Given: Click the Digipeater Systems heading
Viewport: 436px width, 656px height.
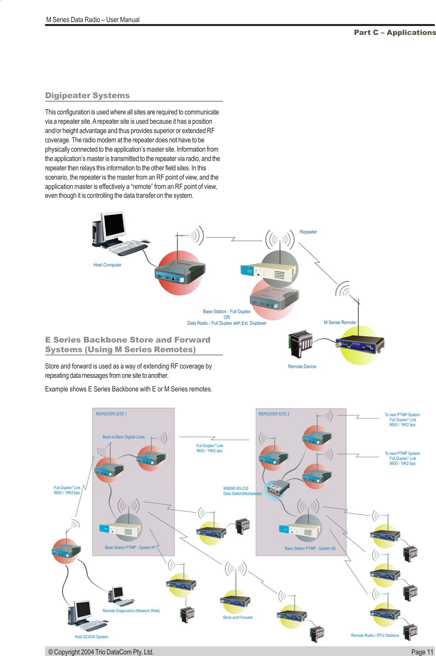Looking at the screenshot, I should (87, 95).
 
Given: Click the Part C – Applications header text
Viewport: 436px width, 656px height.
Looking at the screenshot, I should (394, 33).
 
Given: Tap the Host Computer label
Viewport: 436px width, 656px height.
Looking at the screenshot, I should (107, 265).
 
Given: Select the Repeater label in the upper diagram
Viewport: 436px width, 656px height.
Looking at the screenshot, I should (308, 232).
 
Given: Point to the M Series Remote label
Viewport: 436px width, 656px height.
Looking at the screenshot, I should (339, 322).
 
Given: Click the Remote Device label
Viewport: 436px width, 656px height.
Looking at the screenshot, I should (302, 367).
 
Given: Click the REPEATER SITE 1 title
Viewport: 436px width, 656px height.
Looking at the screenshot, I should (111, 414).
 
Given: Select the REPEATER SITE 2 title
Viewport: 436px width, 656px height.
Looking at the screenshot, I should (274, 414).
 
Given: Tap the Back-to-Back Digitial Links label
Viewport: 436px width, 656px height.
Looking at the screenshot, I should (123, 437).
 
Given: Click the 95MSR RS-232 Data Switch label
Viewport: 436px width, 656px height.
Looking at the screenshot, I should (242, 491).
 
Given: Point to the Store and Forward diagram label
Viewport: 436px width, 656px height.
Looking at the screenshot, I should (237, 617).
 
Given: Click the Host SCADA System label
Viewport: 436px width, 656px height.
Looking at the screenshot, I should (91, 637).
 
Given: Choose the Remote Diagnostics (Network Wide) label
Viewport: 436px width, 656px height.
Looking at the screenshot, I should (131, 611).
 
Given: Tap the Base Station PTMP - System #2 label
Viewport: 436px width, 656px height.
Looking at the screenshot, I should (310, 548).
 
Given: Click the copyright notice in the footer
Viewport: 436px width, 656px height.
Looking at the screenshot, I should (101, 652).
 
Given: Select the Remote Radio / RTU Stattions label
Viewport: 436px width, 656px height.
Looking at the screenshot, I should (375, 635).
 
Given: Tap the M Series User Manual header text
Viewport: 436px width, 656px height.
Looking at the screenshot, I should (93, 20).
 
